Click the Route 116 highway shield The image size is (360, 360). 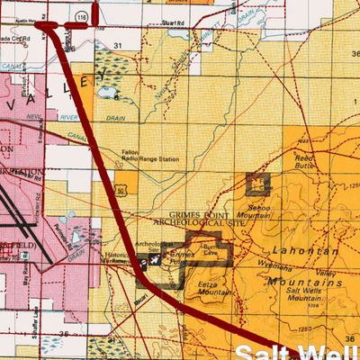[x=82, y=17]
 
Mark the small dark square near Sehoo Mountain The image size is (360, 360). [x=258, y=184]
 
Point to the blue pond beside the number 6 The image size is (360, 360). [x=108, y=92]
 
